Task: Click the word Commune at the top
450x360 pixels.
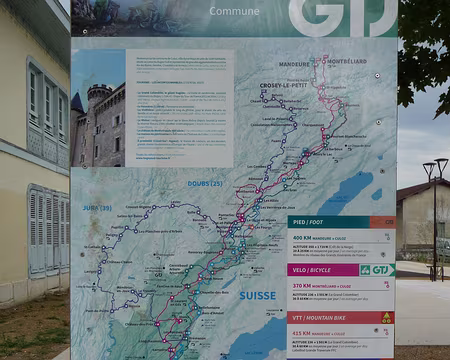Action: click(x=234, y=12)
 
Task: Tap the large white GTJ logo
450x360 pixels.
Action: click(x=342, y=17)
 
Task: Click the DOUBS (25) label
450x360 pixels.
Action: click(x=203, y=183)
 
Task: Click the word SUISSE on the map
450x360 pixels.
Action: click(x=257, y=295)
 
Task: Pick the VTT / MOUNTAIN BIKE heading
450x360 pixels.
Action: click(x=324, y=317)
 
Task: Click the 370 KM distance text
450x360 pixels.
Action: click(x=304, y=284)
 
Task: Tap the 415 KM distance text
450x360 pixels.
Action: click(x=304, y=332)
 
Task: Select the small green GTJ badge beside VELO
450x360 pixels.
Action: click(x=377, y=269)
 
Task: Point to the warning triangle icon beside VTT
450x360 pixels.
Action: click(x=387, y=317)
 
